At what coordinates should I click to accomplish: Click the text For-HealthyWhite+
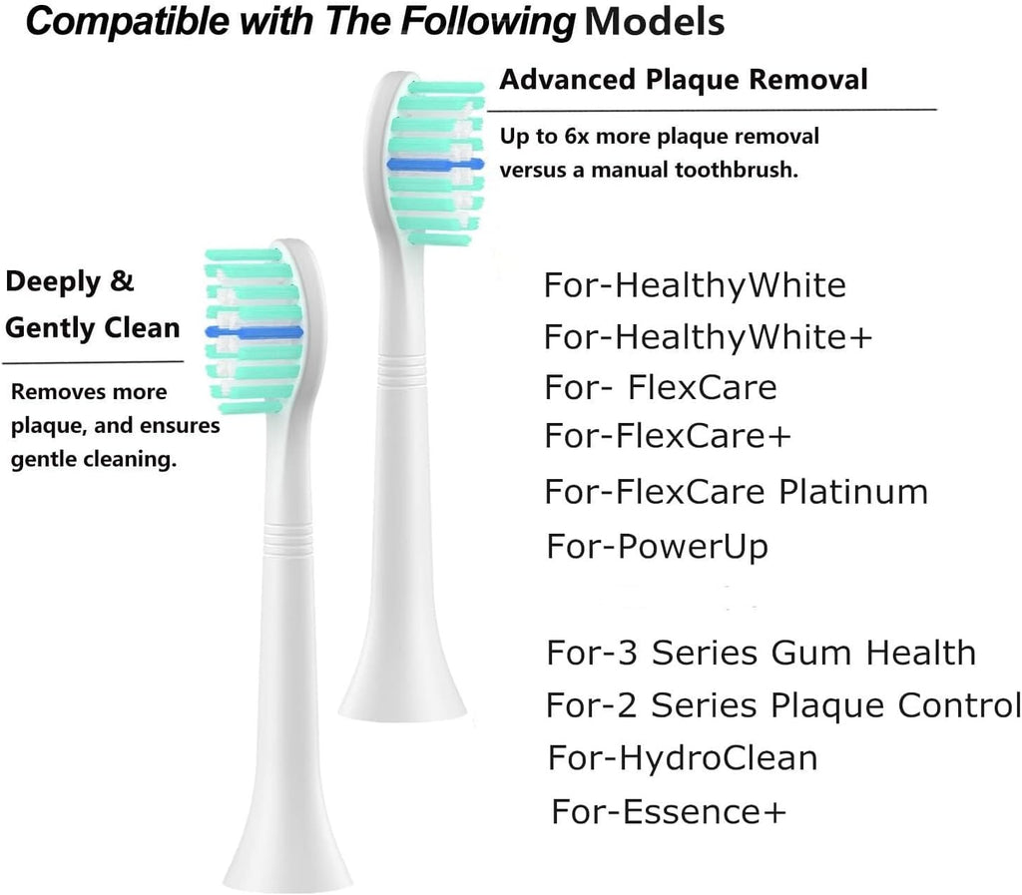pos(708,337)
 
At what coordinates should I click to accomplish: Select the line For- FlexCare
pos(660,386)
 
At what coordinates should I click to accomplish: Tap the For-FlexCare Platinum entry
pos(737,491)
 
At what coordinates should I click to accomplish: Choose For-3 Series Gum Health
pos(761,653)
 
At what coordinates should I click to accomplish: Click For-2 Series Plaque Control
pos(782,705)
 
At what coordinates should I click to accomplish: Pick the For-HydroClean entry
pos(683,757)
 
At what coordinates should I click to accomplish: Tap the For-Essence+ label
pos(669,811)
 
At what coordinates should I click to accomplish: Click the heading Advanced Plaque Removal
pos(684,79)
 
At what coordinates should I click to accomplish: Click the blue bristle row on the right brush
pos(435,163)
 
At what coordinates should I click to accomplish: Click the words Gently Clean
pos(93,327)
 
